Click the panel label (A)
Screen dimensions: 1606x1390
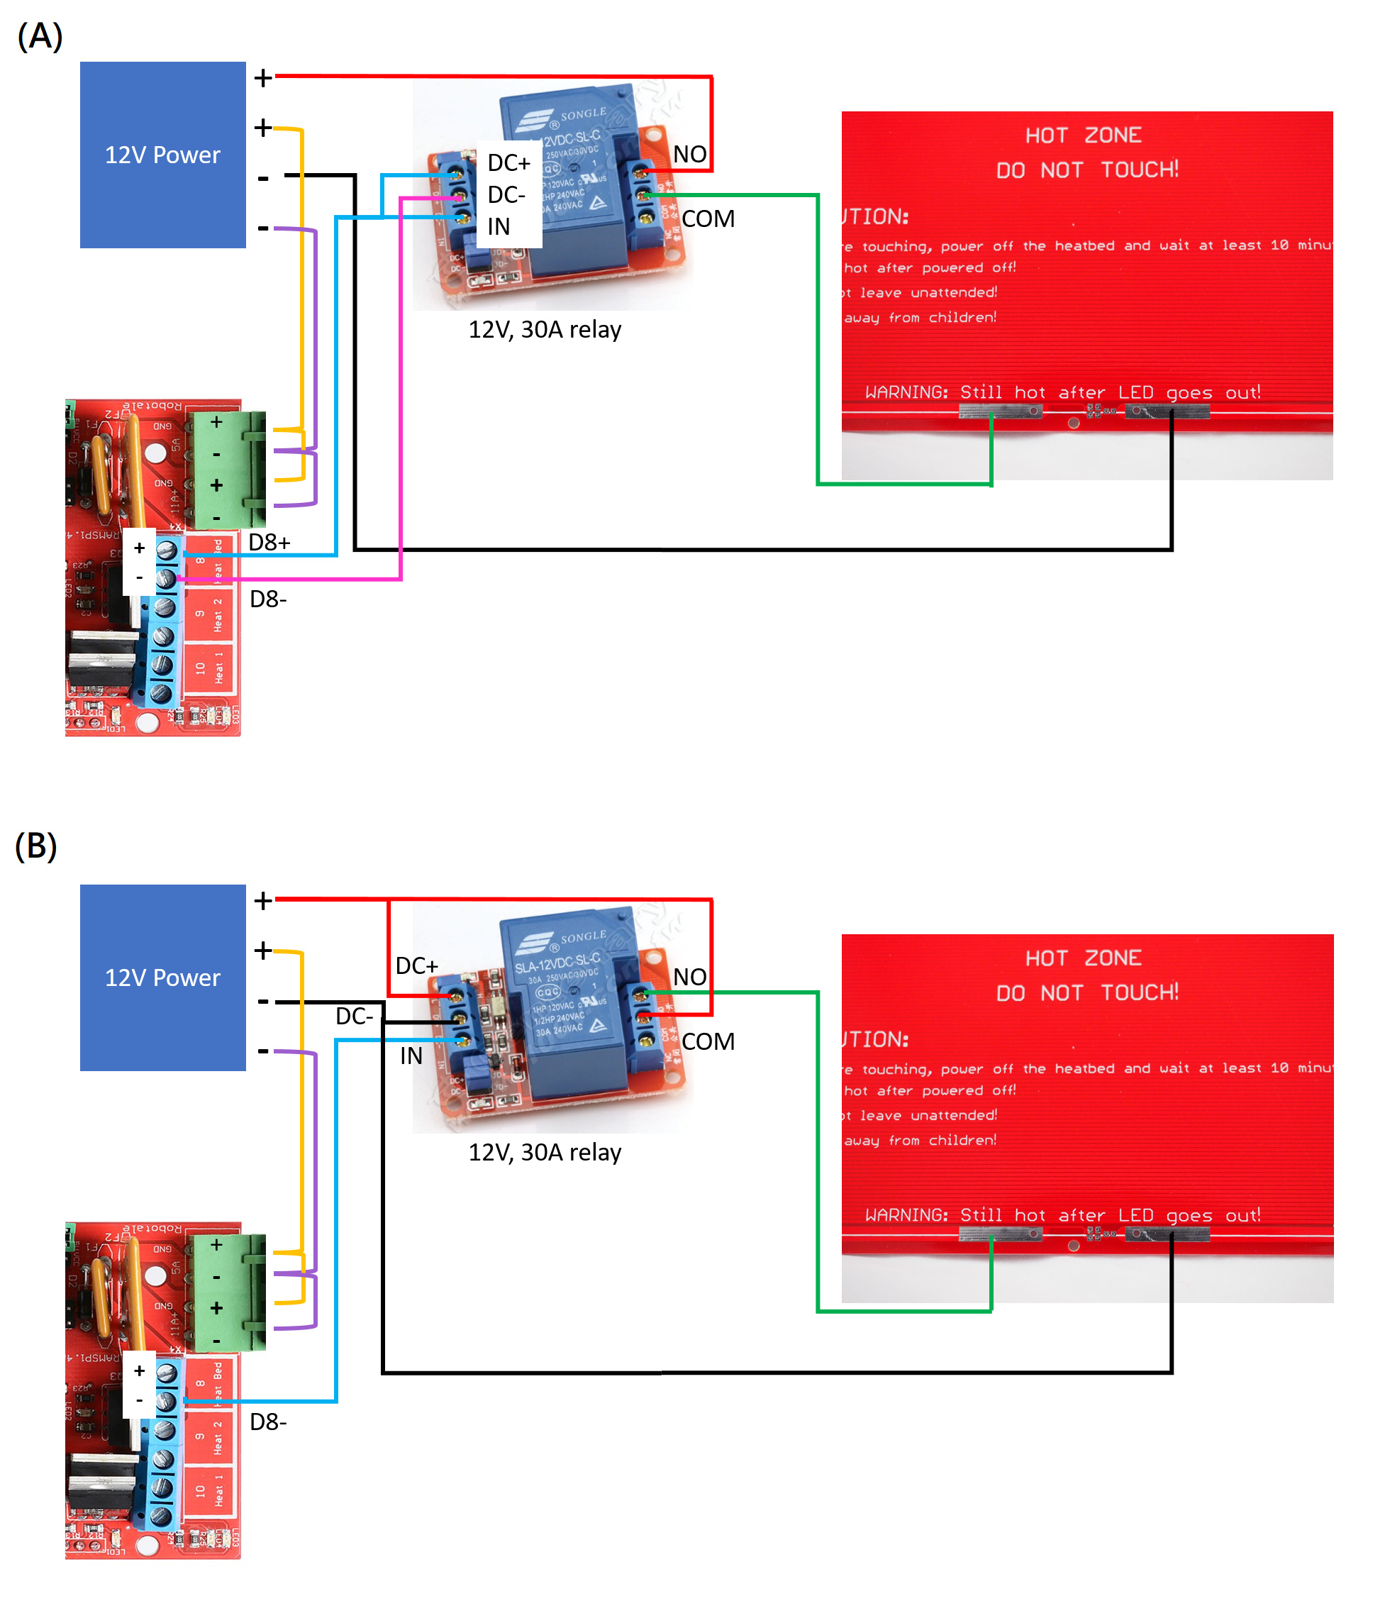(40, 36)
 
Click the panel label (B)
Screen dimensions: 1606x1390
(35, 846)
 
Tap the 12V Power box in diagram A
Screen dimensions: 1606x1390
(163, 155)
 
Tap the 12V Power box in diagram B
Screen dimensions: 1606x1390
(163, 978)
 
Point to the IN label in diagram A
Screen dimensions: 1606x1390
(499, 226)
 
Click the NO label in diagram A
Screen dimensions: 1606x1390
(689, 155)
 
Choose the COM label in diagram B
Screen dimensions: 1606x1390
(708, 1041)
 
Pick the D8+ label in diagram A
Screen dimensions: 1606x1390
(269, 543)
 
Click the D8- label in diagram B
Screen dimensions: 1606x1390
(268, 1422)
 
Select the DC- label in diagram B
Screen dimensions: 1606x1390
(355, 1017)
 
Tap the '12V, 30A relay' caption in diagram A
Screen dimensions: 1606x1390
(545, 330)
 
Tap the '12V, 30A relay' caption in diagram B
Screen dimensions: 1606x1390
(545, 1152)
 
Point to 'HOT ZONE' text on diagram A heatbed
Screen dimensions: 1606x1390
(1084, 135)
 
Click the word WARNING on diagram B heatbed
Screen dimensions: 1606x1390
(907, 1215)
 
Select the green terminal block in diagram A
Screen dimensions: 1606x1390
(230, 470)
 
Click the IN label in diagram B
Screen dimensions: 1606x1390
(411, 1056)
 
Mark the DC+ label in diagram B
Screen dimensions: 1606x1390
(416, 966)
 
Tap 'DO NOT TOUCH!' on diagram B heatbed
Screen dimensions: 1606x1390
(1087, 993)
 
